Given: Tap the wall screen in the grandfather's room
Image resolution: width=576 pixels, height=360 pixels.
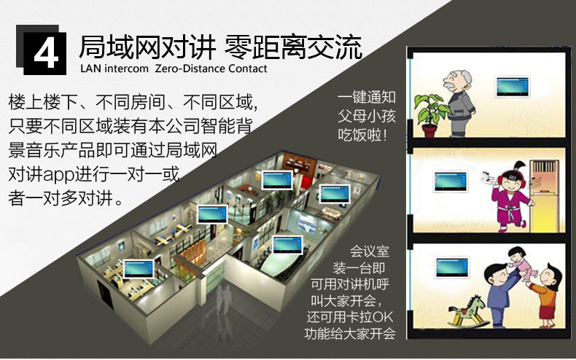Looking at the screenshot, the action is click(513, 86).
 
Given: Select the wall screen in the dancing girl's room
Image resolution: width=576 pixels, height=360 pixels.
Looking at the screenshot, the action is click(451, 181).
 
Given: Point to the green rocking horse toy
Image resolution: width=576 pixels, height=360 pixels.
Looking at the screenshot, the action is click(466, 311).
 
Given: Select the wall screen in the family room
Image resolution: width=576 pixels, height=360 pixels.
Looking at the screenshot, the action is click(452, 267).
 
